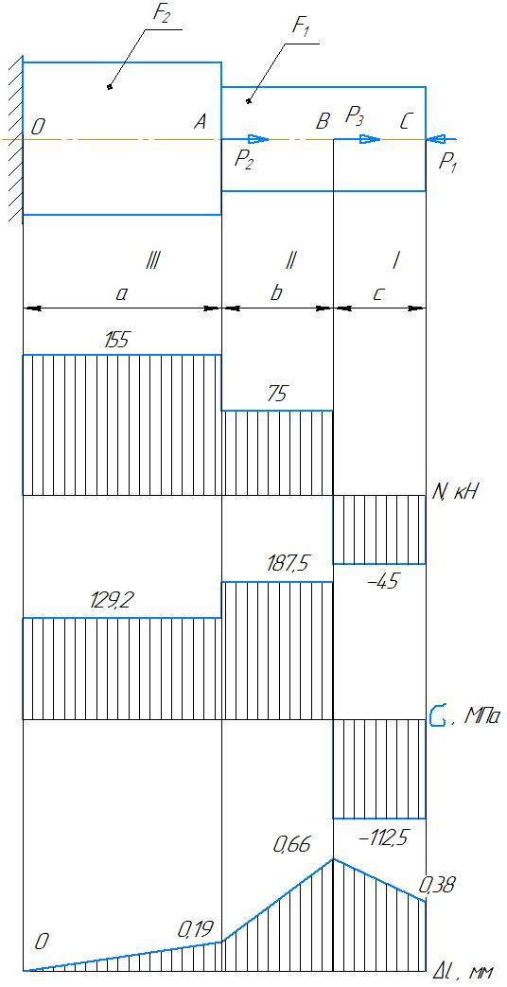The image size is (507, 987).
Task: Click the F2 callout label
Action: [x=159, y=16]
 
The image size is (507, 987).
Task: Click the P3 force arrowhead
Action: [x=371, y=139]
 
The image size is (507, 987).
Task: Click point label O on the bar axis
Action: [x=37, y=127]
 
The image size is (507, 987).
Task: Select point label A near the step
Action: [x=200, y=123]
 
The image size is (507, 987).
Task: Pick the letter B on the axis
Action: [x=323, y=121]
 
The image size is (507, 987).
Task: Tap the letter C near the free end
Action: [x=407, y=121]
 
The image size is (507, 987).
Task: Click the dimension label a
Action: [x=123, y=293]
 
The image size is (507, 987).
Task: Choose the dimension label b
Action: [x=275, y=292]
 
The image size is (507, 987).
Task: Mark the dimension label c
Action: [x=377, y=293]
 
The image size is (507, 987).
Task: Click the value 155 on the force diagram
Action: [x=117, y=341]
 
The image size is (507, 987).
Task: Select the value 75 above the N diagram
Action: [x=277, y=396]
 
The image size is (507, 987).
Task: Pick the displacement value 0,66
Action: [x=291, y=845]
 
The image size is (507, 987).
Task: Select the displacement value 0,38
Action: [x=437, y=886]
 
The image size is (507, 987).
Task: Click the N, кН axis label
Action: [x=455, y=493]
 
